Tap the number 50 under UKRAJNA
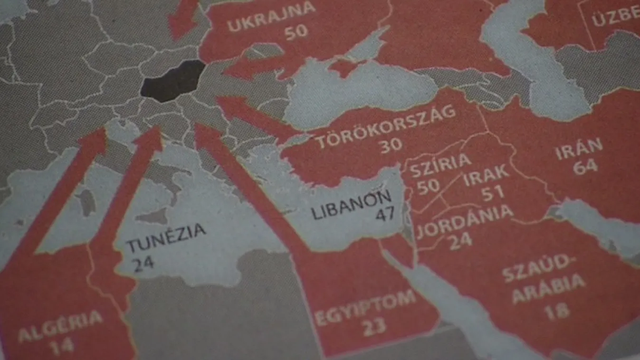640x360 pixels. click(296, 32)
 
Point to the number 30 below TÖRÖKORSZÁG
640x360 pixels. click(391, 145)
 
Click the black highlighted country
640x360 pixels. click(172, 81)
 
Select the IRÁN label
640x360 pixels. click(579, 149)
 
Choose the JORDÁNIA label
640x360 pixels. click(465, 220)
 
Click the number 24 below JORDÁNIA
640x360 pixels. click(460, 240)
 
